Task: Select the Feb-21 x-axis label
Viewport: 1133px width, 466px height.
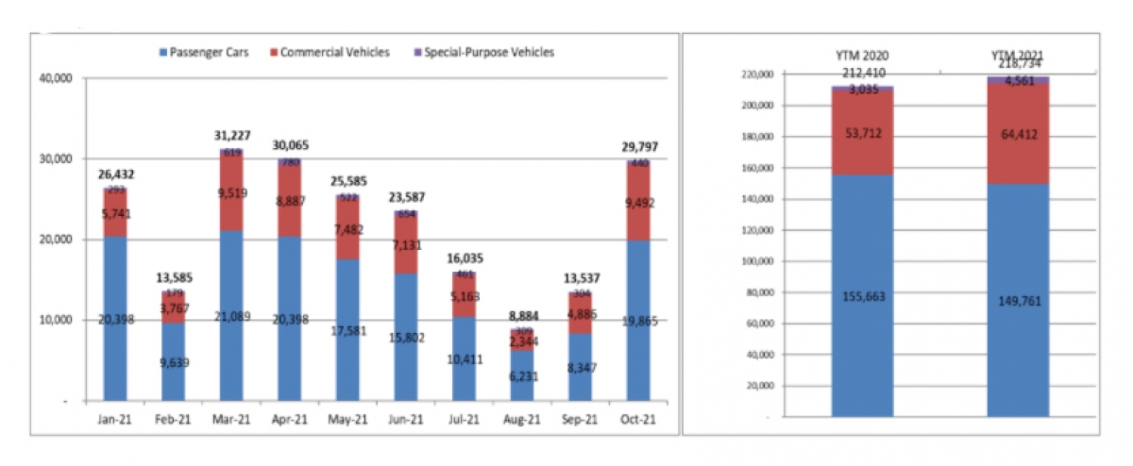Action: [173, 420]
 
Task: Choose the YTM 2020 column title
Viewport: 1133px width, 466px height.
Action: [863, 56]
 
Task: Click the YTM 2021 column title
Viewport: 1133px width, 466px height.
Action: [1018, 56]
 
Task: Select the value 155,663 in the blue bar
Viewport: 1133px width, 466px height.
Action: [863, 296]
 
